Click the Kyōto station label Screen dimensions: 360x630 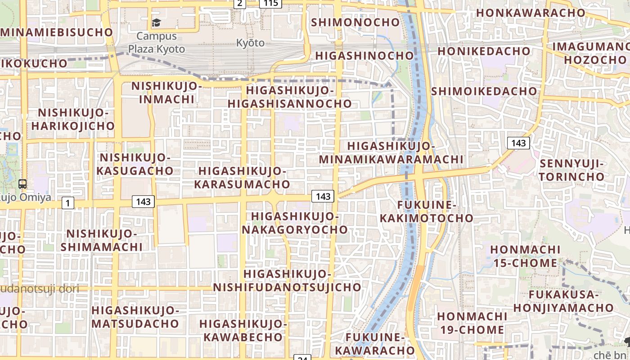click(x=251, y=43)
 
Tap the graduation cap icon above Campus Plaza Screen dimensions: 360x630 click(x=156, y=22)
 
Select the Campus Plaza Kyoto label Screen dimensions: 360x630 click(x=157, y=42)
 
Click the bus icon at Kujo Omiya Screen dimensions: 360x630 click(x=22, y=184)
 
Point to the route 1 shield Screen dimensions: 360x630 click(x=67, y=203)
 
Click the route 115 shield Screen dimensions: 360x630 click(x=270, y=4)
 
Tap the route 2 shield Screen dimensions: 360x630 click(x=239, y=4)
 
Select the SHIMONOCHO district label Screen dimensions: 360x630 click(x=355, y=22)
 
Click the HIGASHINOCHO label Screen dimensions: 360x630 click(x=364, y=55)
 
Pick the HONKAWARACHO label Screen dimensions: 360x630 click(x=531, y=13)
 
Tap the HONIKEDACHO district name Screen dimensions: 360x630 click(x=484, y=51)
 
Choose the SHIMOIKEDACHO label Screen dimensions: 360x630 click(x=484, y=91)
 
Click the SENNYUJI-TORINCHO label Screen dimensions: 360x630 click(x=572, y=170)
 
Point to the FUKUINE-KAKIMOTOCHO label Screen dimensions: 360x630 click(x=427, y=211)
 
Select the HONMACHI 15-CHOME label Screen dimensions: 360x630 click(x=525, y=256)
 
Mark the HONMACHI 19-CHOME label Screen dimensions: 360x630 click(x=472, y=323)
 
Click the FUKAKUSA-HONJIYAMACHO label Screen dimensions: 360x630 click(x=563, y=301)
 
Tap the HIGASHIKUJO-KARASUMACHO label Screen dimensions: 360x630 click(x=242, y=177)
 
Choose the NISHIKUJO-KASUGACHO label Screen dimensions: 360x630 click(x=135, y=164)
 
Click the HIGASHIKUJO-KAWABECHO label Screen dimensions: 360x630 click(x=243, y=330)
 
